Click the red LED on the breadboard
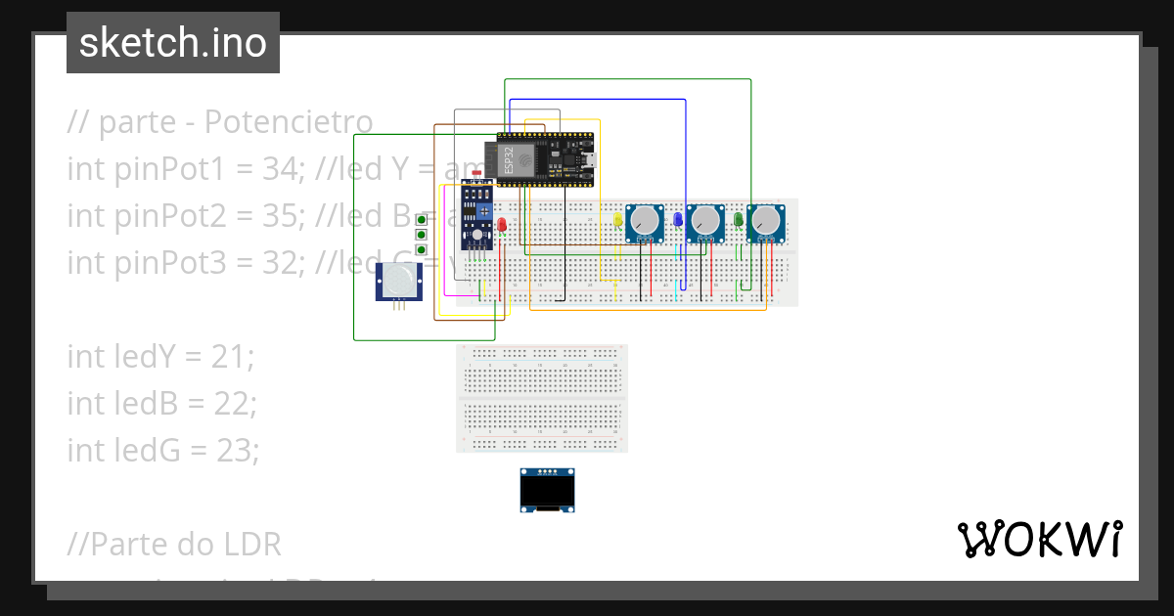coord(502,226)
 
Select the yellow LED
coord(618,221)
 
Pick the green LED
coord(739,221)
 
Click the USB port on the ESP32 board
coord(590,158)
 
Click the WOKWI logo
coord(1039,539)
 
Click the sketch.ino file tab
coord(173,43)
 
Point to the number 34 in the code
coord(285,169)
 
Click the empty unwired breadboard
coord(542,398)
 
